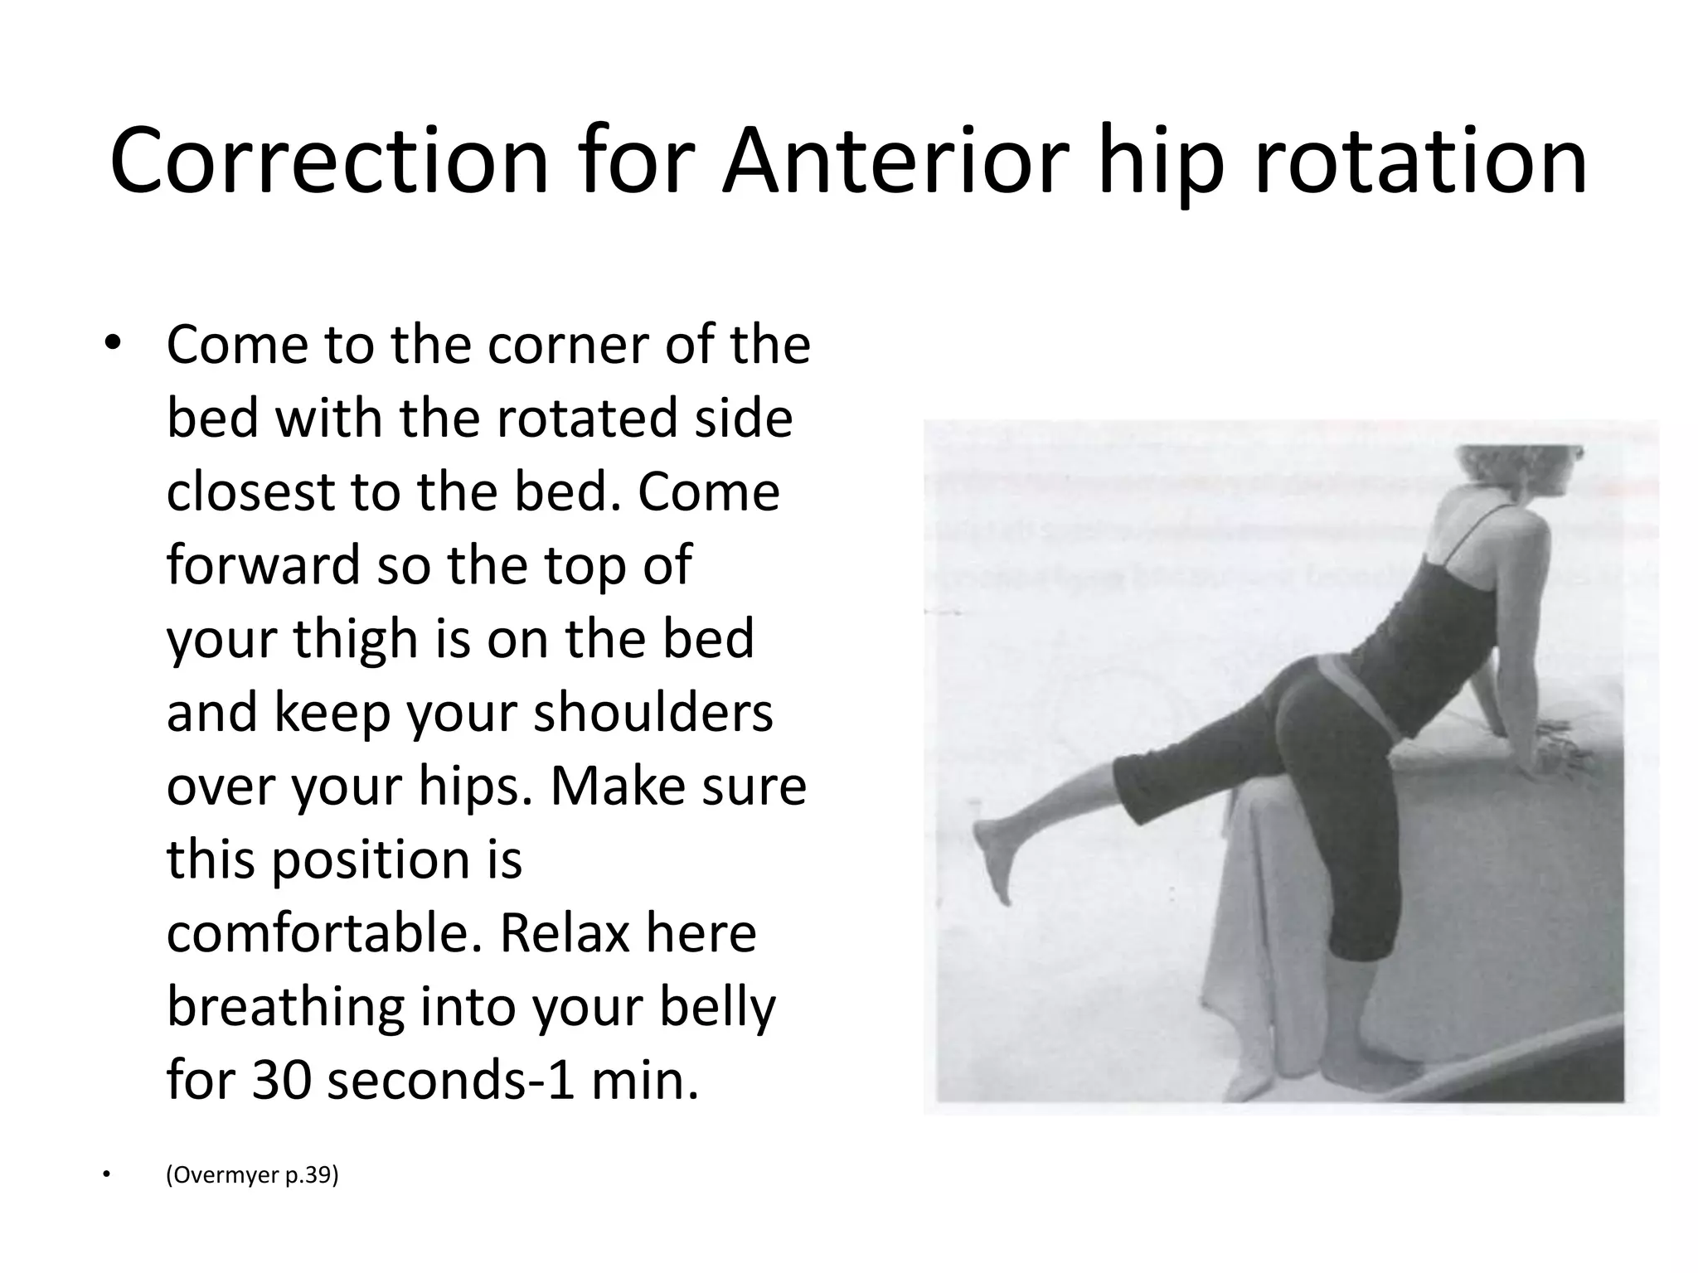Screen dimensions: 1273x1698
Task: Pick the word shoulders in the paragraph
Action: point(653,713)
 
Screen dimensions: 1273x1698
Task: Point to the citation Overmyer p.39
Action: point(252,1175)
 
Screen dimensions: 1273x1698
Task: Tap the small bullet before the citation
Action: point(105,1175)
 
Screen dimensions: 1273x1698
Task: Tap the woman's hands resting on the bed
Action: point(1559,750)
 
